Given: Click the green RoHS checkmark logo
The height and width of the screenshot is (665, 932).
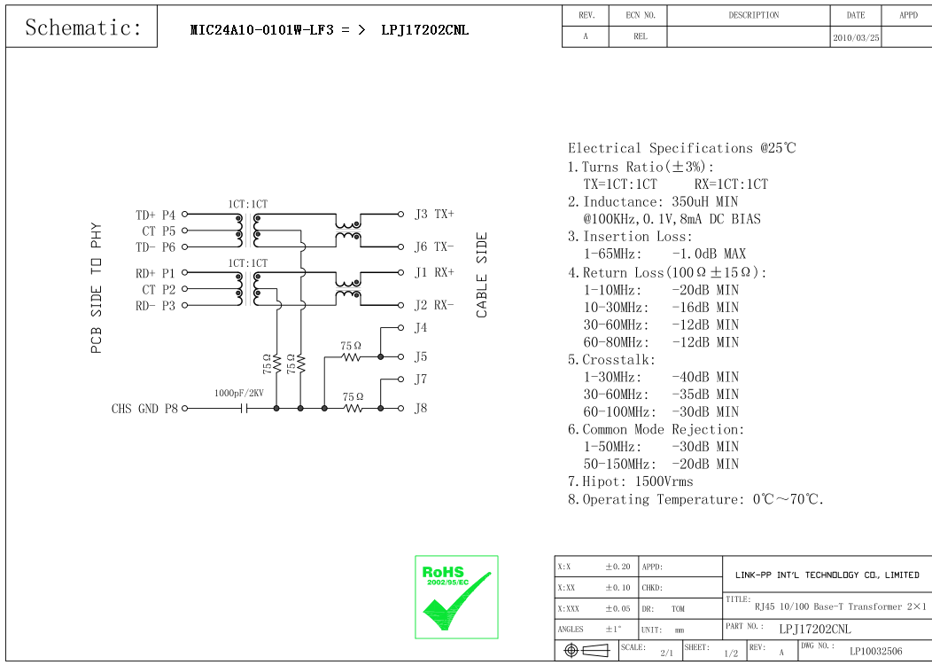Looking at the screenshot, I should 456,597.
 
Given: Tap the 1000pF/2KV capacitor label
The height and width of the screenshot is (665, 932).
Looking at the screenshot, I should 238,393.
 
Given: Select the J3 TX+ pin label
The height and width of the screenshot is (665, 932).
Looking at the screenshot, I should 434,214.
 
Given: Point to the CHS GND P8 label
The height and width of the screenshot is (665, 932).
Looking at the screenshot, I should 144,409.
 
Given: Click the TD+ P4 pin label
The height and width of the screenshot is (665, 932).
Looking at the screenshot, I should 155,215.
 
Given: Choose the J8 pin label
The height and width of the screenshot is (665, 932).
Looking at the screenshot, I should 421,409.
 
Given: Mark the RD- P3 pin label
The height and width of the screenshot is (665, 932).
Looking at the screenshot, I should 155,306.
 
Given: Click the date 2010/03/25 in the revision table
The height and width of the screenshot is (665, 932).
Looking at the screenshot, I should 856,38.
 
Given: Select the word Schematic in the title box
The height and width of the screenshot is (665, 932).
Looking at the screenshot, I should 83,27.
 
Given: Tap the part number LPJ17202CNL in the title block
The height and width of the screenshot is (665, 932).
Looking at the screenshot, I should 814,629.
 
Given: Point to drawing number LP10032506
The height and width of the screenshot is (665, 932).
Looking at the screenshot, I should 875,651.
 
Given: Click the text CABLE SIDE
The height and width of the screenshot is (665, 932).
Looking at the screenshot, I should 482,275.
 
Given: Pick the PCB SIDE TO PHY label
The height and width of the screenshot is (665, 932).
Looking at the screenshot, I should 97,288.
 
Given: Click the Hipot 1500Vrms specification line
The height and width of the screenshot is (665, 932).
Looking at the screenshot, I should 630,481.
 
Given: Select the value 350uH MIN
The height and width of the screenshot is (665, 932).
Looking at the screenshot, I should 704,202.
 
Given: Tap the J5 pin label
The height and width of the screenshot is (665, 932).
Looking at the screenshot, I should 421,356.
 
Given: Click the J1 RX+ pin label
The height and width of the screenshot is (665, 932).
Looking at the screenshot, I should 434,273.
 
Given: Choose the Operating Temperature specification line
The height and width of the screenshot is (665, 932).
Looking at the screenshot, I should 695,499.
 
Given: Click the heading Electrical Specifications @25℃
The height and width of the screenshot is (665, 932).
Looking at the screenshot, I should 681,148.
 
